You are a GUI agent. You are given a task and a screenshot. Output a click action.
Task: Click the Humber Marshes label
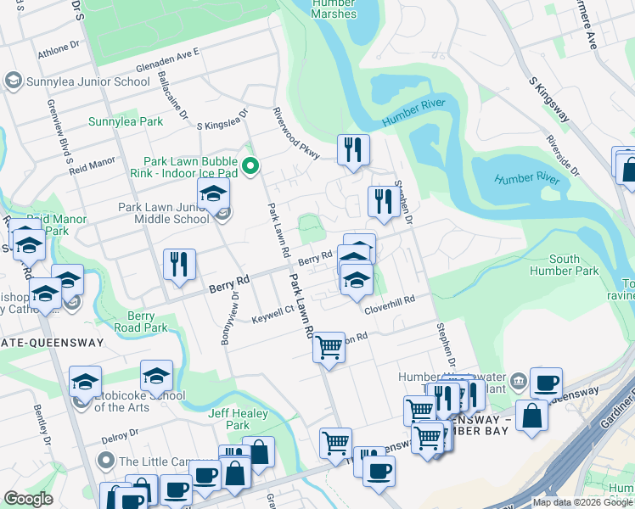[334, 8]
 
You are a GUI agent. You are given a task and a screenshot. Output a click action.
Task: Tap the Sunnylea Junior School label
[76, 81]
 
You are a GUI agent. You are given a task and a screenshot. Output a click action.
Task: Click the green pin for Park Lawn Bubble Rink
[250, 165]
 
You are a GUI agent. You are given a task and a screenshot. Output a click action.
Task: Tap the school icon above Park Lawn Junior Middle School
[214, 193]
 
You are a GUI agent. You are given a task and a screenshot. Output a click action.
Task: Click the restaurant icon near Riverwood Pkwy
[353, 149]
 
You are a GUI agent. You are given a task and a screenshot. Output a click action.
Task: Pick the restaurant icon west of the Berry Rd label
[179, 264]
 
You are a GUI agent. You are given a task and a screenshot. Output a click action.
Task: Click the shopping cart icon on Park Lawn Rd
[329, 346]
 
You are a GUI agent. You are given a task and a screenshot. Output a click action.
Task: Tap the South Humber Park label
[576, 265]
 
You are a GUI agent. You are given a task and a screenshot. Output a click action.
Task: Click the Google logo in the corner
[28, 499]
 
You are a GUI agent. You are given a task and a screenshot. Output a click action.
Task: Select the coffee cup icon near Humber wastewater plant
[546, 383]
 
